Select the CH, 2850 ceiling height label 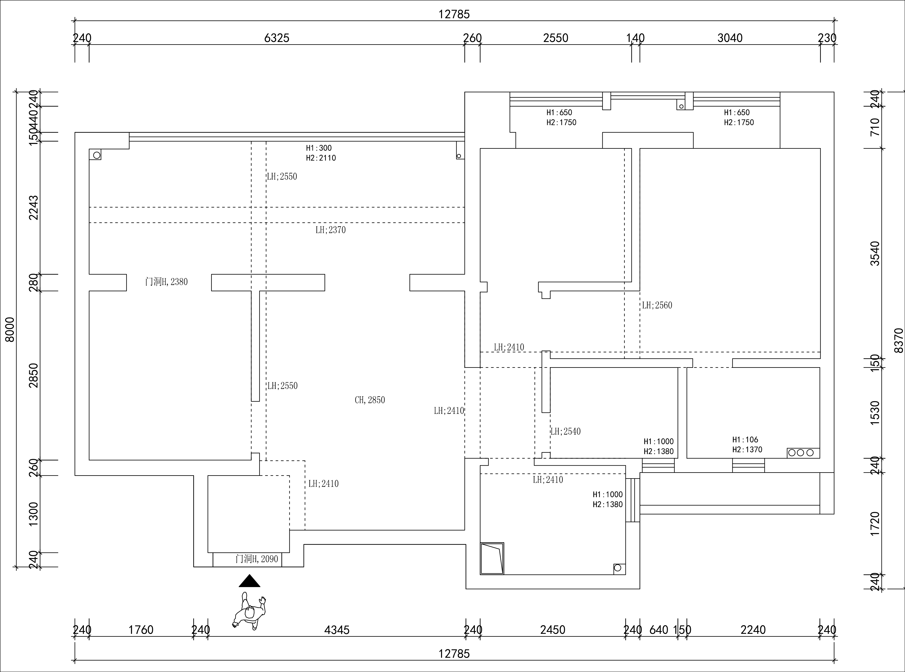pyautogui.click(x=370, y=400)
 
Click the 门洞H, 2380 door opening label pyautogui.click(x=166, y=281)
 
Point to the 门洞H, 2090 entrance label pyautogui.click(x=257, y=559)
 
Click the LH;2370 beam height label pyautogui.click(x=331, y=230)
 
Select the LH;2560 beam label pyautogui.click(x=657, y=305)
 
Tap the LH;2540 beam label pyautogui.click(x=566, y=431)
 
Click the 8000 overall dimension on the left pyautogui.click(x=9, y=330)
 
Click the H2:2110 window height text pyautogui.click(x=321, y=158)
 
